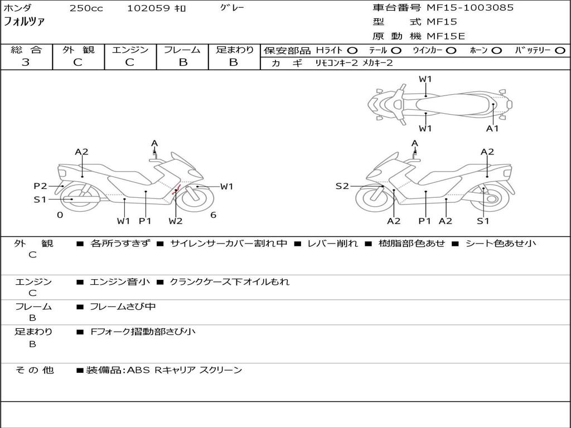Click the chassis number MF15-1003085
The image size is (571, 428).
click(470, 8)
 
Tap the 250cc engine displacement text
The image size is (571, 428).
click(86, 8)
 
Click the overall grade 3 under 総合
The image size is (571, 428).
click(26, 62)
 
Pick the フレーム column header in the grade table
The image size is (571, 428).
click(182, 50)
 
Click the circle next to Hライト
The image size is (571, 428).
click(352, 51)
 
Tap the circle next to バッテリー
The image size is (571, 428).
click(560, 51)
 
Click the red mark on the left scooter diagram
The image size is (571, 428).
click(176, 189)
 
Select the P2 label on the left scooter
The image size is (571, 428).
click(40, 186)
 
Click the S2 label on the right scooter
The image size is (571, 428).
click(342, 186)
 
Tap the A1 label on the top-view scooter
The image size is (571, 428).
click(492, 128)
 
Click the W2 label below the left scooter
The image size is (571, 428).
click(176, 221)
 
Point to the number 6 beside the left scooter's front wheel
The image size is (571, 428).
click(214, 215)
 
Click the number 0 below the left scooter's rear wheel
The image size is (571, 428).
click(60, 215)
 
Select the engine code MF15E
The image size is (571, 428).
click(446, 36)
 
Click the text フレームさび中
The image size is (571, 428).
click(123, 307)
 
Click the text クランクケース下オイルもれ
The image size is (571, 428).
click(229, 281)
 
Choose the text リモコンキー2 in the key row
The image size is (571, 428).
click(337, 63)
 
